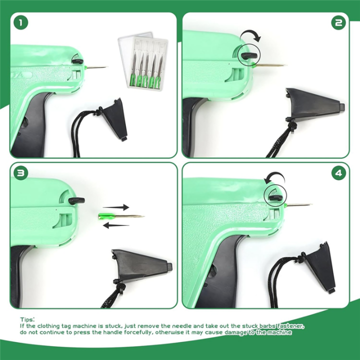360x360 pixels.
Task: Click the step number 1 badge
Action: [20, 22]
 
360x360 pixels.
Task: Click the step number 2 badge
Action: [338, 22]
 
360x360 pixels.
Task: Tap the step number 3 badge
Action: [20, 173]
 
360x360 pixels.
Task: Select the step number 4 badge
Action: [338, 173]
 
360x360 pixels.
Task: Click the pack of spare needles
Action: [143, 61]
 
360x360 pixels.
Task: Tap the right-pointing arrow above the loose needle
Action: [116, 207]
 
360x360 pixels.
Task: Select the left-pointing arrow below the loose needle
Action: [116, 225]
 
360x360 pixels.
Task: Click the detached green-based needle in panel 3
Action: [121, 216]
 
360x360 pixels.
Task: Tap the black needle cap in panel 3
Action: [141, 265]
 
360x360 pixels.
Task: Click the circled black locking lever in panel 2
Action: [249, 55]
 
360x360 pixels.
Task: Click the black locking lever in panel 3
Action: [76, 200]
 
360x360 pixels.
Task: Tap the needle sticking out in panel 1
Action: [96, 67]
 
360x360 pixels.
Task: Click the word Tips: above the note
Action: [27, 319]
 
